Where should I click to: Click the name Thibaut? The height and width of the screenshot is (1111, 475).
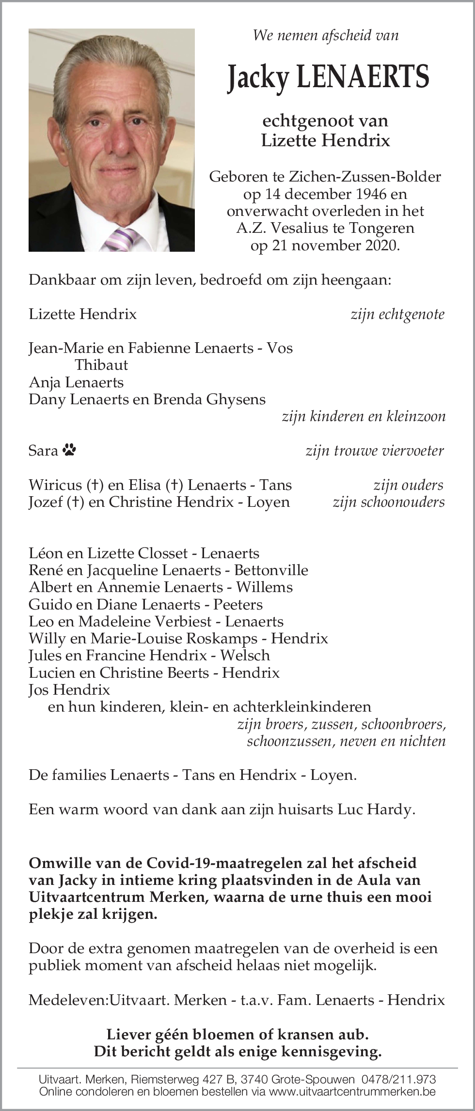click(x=101, y=365)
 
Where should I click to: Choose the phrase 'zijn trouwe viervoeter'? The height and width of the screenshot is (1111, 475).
click(x=375, y=451)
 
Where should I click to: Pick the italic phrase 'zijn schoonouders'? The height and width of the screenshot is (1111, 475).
click(x=388, y=502)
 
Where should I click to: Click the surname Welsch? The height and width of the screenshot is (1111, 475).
click(x=245, y=655)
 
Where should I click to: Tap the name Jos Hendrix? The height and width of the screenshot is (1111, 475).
click(x=69, y=689)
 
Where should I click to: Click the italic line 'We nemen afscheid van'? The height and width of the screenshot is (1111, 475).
click(x=326, y=35)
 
